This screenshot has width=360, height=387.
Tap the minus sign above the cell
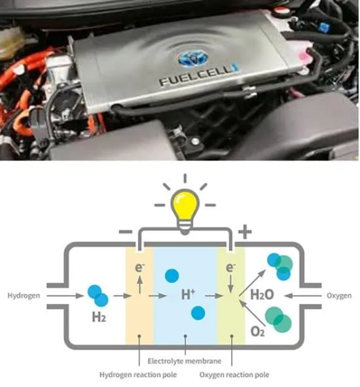click(x=126, y=232)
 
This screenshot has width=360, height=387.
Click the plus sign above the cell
click(x=245, y=232)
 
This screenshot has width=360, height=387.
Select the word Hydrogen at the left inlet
click(x=24, y=295)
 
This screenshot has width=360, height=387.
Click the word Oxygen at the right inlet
click(x=339, y=295)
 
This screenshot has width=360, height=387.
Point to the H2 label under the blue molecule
click(x=99, y=317)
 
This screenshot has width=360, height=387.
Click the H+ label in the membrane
click(x=188, y=294)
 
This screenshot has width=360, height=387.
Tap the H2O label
click(x=262, y=294)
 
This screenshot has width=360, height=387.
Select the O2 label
click(x=257, y=331)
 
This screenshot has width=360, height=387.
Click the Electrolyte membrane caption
click(x=185, y=361)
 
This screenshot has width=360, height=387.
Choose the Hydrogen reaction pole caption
click(x=138, y=375)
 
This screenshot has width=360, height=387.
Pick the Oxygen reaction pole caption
click(x=234, y=375)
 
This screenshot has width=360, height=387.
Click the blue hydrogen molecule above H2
click(x=98, y=296)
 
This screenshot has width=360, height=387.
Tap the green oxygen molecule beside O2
click(x=278, y=320)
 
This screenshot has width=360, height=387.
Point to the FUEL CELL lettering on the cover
click(x=196, y=75)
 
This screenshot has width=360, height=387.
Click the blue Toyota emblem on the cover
click(x=193, y=59)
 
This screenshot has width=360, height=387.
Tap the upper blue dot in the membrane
click(x=172, y=276)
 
